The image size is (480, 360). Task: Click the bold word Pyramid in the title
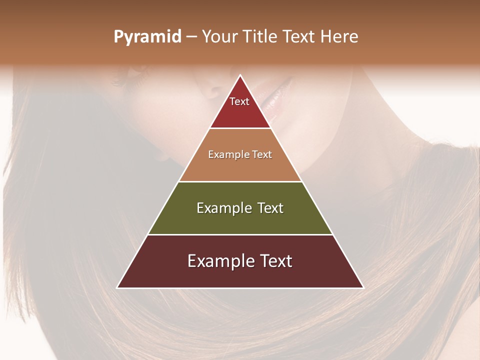147,37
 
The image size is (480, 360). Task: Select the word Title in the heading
261,37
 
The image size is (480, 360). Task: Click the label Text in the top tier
239,101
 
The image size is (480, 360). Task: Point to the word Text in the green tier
270,208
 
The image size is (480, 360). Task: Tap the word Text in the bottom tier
276,261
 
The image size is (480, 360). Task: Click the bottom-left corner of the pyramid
117,287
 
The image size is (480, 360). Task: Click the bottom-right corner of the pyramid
363,287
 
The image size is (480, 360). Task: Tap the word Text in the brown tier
262,155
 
